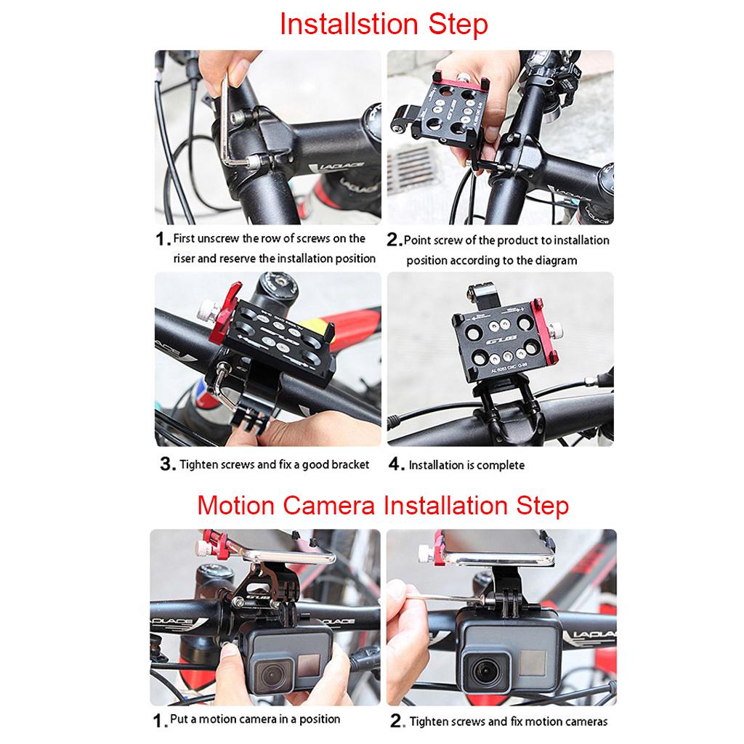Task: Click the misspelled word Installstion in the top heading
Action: pos(349,25)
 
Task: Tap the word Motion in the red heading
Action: pos(236,506)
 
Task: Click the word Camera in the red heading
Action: pos(329,506)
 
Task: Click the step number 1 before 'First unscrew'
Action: pos(161,238)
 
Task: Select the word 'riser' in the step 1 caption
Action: pos(184,259)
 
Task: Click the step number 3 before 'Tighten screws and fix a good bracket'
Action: pos(167,464)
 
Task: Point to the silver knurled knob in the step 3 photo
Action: pos(209,310)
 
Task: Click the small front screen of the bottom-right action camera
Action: pos(532,663)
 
